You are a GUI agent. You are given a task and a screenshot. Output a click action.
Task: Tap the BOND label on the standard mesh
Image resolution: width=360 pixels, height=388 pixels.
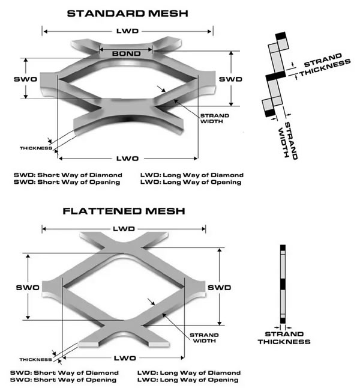click(x=126, y=53)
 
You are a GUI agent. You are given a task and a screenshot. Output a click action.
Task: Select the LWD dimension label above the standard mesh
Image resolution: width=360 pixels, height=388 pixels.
click(x=127, y=30)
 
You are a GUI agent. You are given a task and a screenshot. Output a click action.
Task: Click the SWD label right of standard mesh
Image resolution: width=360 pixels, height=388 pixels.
click(x=230, y=79)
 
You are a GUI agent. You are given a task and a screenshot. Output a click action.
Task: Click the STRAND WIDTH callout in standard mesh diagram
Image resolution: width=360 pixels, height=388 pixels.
click(x=211, y=118)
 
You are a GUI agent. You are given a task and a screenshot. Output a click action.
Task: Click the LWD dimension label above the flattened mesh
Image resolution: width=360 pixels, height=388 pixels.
click(x=123, y=228)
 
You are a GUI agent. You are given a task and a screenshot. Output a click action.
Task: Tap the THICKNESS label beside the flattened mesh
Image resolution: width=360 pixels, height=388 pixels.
click(x=34, y=359)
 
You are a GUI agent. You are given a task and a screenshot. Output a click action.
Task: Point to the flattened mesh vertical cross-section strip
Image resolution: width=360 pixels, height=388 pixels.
click(x=283, y=285)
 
